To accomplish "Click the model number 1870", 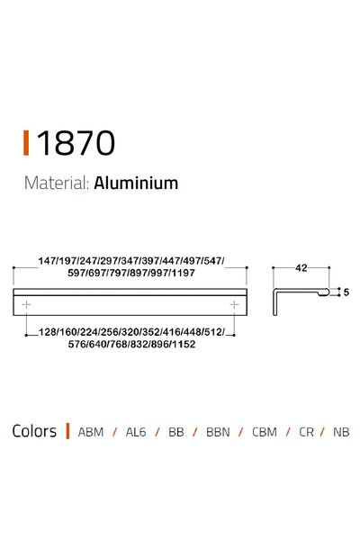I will pos(76,142).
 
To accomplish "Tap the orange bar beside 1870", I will pos(27,142).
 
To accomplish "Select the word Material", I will pos(55,184).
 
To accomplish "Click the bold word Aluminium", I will pos(136,184).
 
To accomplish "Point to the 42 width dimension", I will pos(301,267).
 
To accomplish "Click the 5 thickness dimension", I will pos(346,292).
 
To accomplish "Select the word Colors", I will pos(34,431).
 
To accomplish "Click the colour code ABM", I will pos(91,432).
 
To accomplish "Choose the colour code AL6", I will pos(135,432).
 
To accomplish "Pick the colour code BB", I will pos(175,432).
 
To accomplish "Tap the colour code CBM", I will pos(264,432).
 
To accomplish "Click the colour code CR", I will pos(307,432).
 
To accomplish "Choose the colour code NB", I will pos(341,432).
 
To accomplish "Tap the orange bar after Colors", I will pos(67,431).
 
